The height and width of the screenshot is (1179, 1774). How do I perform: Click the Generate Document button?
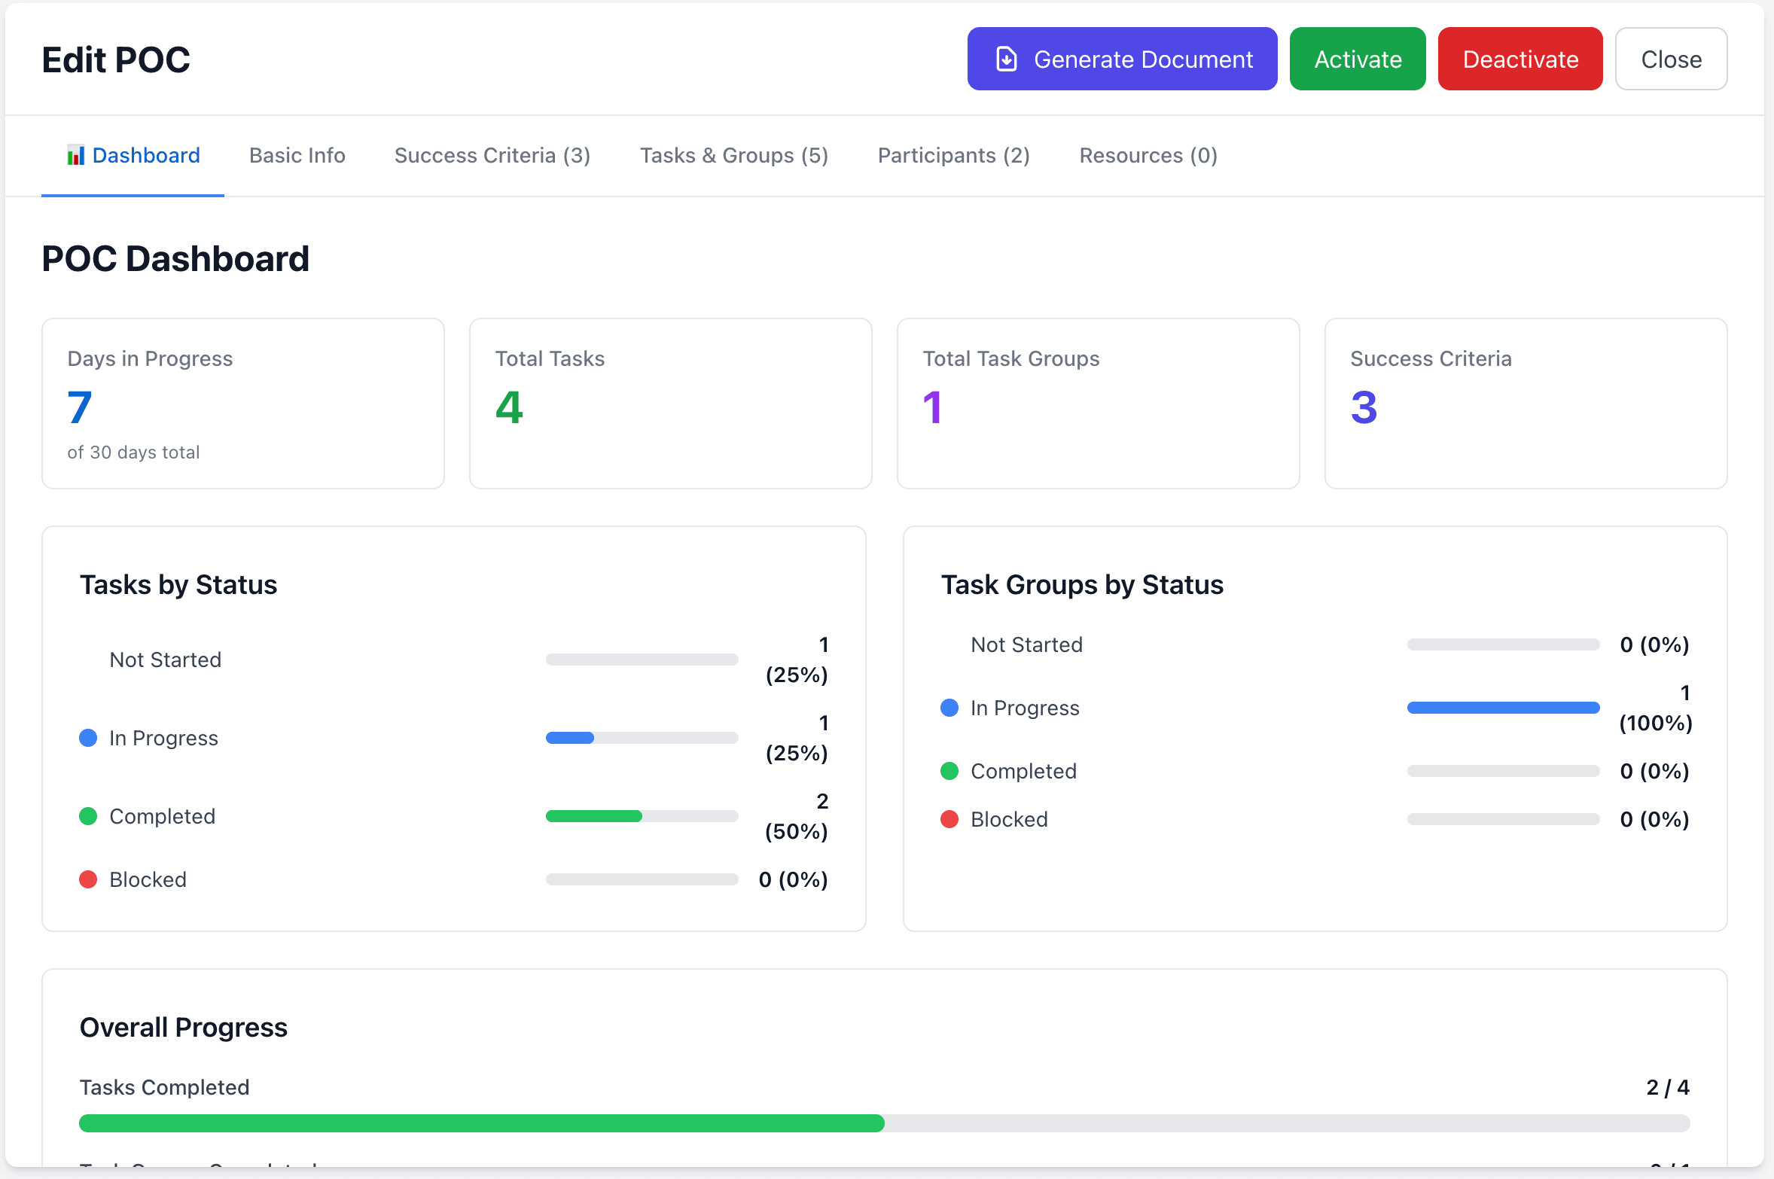1121,59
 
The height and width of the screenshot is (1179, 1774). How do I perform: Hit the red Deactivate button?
1519,59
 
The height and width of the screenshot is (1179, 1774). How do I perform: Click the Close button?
1670,59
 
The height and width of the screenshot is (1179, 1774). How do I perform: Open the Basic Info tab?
297,156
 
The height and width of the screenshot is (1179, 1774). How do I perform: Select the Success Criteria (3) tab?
492,156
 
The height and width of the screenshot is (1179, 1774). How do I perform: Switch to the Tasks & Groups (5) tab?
733,156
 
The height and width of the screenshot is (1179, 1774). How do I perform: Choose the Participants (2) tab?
953,156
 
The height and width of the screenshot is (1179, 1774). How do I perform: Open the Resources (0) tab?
1148,156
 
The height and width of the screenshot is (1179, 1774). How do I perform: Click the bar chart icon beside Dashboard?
75,156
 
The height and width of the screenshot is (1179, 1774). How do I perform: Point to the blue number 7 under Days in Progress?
79,407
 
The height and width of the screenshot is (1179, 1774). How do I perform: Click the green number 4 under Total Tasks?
509,407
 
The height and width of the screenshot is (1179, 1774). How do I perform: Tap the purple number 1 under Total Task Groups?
932,407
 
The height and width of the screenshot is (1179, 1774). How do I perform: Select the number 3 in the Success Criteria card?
1364,407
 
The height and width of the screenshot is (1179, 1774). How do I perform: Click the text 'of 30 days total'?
133,452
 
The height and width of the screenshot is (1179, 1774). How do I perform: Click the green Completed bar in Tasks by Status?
594,816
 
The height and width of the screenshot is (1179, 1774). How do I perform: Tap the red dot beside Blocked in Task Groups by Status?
949,819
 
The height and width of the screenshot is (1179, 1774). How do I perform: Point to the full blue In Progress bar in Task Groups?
1502,708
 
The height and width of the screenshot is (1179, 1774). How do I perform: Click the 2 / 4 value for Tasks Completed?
1667,1087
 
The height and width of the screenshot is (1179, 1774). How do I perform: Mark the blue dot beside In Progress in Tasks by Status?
88,738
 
